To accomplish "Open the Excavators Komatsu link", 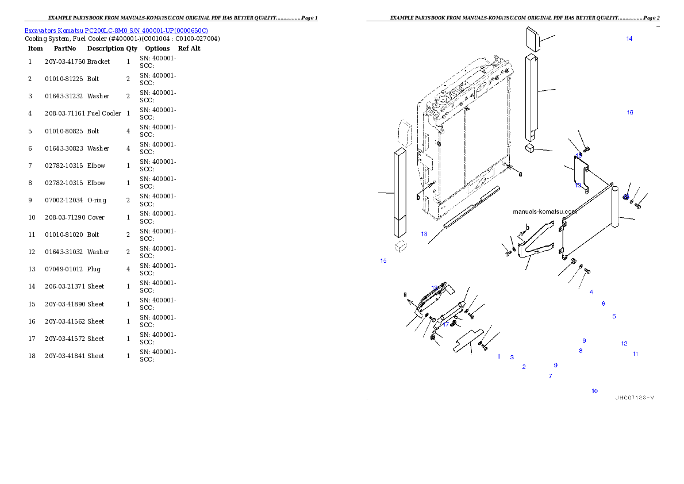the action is pos(53,30).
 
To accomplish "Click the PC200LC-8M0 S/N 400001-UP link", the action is pos(146,30).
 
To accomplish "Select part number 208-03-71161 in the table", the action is pos(65,113).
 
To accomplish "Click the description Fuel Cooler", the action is pos(104,113).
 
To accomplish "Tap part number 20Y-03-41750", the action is pos(65,62).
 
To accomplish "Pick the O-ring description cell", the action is pos(97,200).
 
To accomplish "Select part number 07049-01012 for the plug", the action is pos(64,269).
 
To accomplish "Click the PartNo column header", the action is pos(65,48).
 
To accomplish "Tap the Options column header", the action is pos(157,48).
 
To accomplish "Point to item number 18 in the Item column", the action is pos(32,356).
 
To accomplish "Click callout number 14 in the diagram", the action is pos(629,39).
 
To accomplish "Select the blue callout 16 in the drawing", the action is pos(630,113).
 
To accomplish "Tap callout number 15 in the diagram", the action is pos(383,260).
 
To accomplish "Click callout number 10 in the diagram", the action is pos(594,391).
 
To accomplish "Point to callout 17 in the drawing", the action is pos(445,324).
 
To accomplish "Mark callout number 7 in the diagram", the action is pos(551,376).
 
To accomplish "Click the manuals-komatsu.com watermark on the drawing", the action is pos(545,212).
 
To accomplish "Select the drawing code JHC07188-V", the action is pos(635,398).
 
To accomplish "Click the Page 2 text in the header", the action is pos(651,18).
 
